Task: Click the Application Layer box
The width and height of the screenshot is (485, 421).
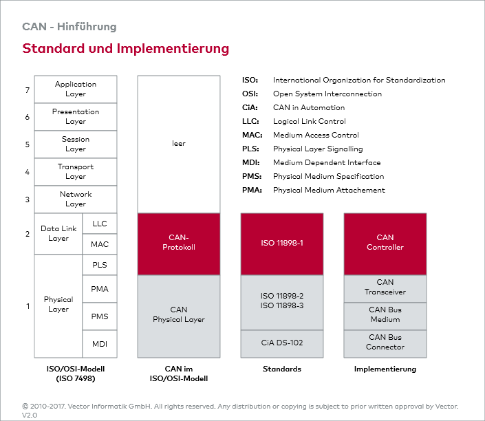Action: (x=76, y=89)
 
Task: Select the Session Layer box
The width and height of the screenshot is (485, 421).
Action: (x=76, y=144)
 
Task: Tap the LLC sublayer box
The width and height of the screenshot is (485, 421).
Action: (x=100, y=224)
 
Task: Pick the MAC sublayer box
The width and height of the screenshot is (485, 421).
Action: (x=100, y=244)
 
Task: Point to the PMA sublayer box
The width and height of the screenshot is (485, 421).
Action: (x=100, y=289)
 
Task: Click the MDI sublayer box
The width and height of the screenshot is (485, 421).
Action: (x=100, y=344)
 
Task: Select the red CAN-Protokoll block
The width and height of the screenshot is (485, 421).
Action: (x=179, y=244)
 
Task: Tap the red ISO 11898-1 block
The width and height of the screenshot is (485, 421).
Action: (x=282, y=244)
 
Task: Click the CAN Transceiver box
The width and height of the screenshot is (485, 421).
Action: (x=385, y=288)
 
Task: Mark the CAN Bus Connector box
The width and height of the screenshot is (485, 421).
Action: (x=385, y=343)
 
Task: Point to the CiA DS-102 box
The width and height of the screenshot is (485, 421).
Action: (x=282, y=343)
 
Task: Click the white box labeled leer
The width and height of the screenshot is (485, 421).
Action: (x=179, y=144)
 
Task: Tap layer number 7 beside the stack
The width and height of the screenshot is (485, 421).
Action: (x=28, y=90)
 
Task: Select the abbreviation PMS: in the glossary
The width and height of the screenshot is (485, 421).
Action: (x=252, y=177)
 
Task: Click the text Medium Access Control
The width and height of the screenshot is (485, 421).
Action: (x=316, y=136)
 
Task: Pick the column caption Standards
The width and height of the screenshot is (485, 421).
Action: (x=282, y=369)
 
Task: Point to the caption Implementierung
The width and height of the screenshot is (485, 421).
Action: (x=385, y=369)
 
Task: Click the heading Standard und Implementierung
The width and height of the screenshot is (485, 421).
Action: (x=126, y=49)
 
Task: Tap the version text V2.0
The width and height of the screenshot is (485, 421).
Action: (x=30, y=415)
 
